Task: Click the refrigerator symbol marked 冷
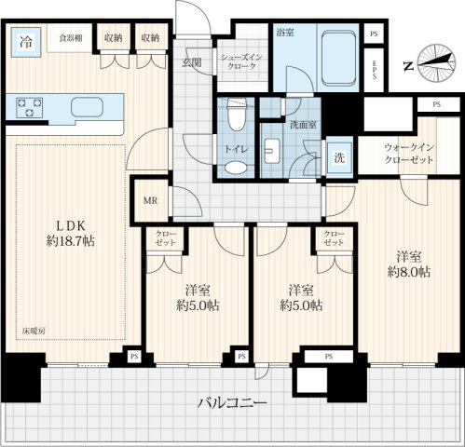(26, 42)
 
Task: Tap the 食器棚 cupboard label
(71, 38)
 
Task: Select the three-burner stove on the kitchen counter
(30, 107)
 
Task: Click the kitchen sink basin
(87, 107)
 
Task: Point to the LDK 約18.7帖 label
(71, 234)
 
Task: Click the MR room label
(150, 201)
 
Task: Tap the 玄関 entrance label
(192, 62)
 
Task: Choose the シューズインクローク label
(241, 61)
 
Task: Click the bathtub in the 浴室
(338, 58)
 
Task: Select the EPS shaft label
(375, 69)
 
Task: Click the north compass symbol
(436, 63)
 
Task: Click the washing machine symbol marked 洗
(339, 157)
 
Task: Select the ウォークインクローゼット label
(409, 154)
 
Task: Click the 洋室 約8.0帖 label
(409, 264)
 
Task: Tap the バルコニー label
(232, 403)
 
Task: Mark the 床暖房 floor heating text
(34, 331)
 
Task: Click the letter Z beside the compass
(408, 66)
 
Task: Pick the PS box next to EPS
(374, 34)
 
